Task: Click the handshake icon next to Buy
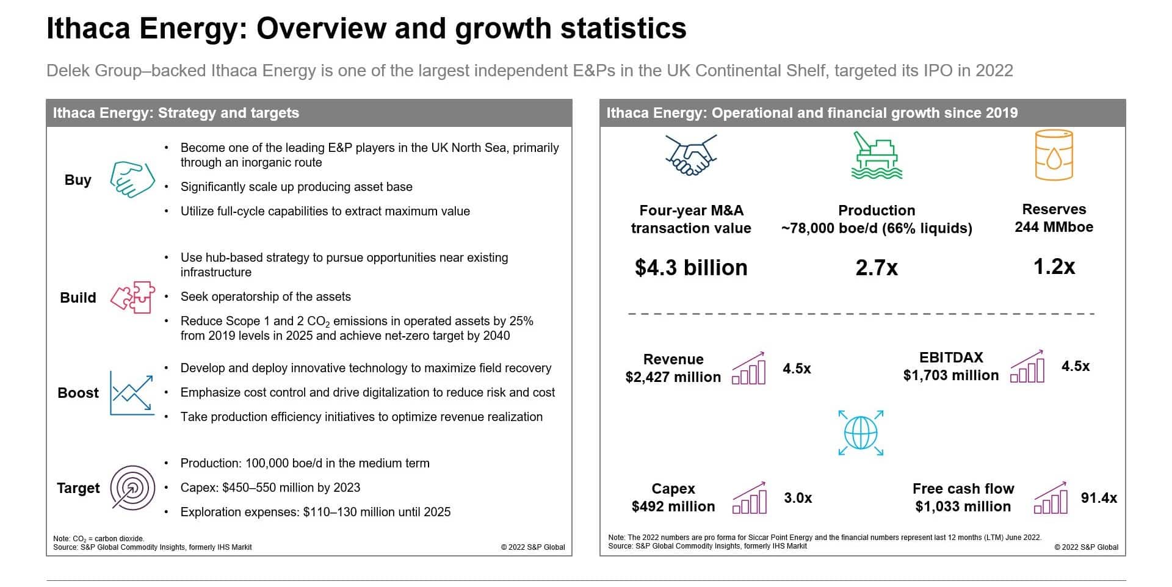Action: tap(132, 179)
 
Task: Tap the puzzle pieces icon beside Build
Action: tap(132, 297)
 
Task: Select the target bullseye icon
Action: tap(132, 488)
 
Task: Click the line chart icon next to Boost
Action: tap(132, 392)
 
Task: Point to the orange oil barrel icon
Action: tap(1054, 156)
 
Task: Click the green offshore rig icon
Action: tap(877, 156)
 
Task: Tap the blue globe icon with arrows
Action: tap(861, 433)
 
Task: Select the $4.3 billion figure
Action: tap(691, 268)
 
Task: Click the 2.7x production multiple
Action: tap(877, 268)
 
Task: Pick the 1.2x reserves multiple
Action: tap(1054, 267)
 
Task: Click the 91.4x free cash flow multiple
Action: tap(1099, 498)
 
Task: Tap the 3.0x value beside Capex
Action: tap(798, 498)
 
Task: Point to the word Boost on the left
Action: tap(78, 393)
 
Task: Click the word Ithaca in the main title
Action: tap(89, 29)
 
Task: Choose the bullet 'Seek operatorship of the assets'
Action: tap(266, 297)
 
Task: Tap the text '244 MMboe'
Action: tap(1054, 227)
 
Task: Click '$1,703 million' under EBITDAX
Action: tap(951, 375)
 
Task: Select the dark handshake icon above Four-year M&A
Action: tap(690, 156)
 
